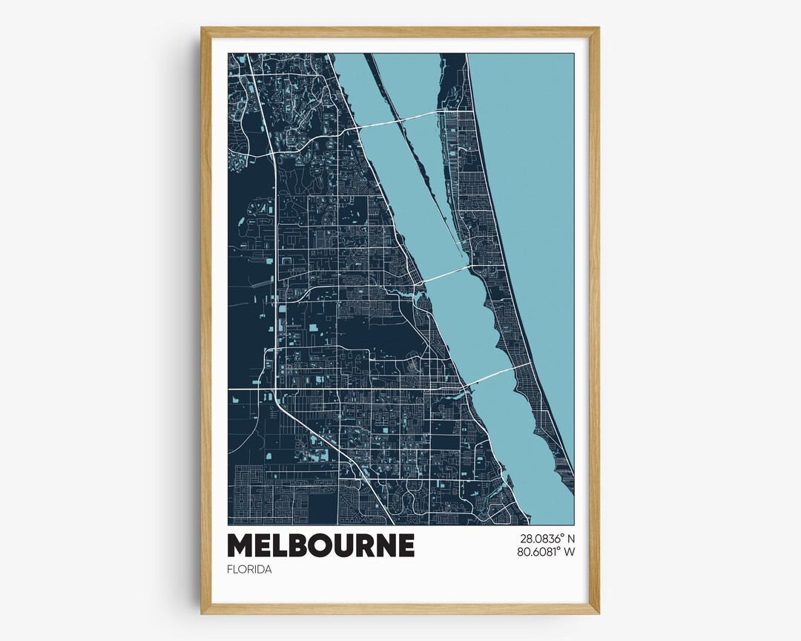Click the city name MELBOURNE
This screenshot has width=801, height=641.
(x=320, y=545)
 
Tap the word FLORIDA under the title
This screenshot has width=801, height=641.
(x=249, y=570)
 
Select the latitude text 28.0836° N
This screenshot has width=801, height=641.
(x=538, y=539)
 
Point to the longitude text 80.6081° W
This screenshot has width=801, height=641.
(x=538, y=552)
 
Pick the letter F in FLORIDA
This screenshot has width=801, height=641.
(x=230, y=570)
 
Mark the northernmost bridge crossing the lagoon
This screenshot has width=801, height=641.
(x=400, y=120)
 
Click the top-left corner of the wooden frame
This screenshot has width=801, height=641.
(x=202, y=29)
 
